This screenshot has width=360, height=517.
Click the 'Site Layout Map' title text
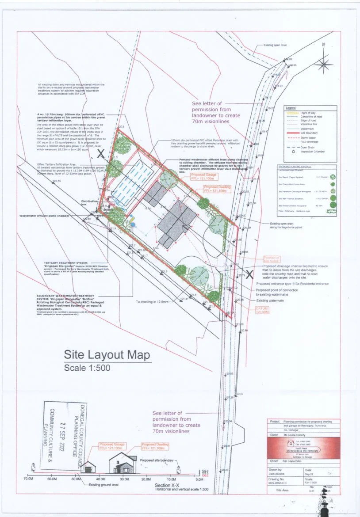[x=107, y=354]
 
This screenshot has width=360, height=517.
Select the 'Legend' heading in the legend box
[x=290, y=108]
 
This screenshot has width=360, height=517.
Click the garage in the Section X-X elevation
[x=90, y=466]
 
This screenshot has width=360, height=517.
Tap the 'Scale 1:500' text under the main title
[x=88, y=368]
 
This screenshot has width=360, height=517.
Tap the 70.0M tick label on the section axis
[x=29, y=479]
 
